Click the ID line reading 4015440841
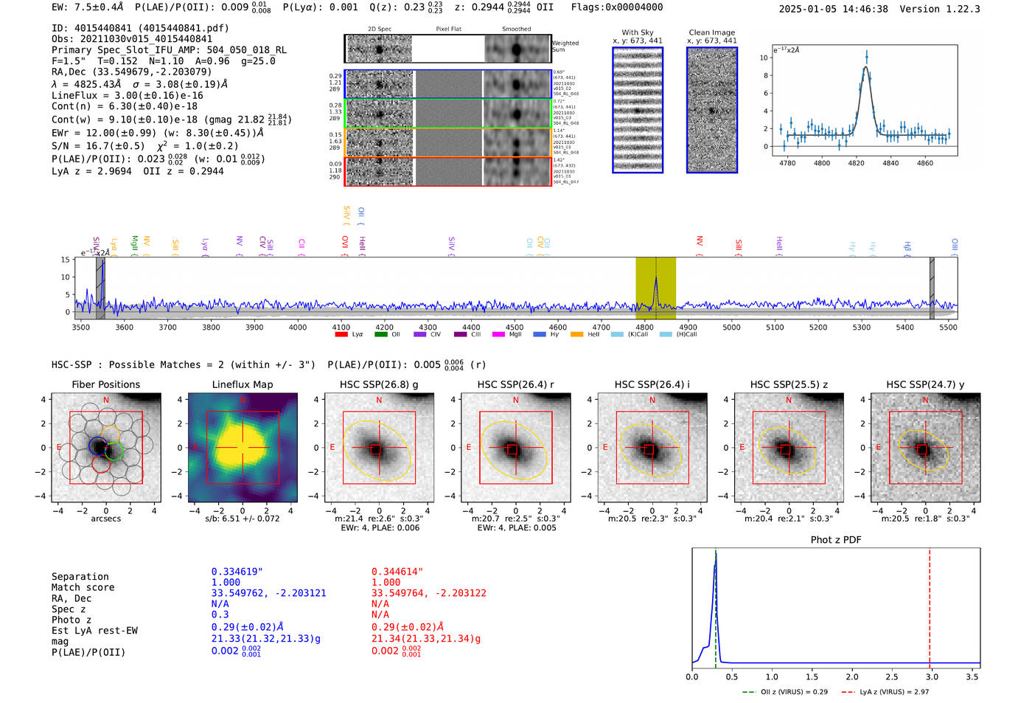[x=140, y=28]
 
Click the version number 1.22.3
[x=959, y=9]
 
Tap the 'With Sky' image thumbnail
[x=638, y=110]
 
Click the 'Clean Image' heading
[x=711, y=32]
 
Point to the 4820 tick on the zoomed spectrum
[x=856, y=163]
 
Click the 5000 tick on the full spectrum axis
[x=731, y=328]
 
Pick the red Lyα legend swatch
[x=341, y=334]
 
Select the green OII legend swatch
[x=380, y=334]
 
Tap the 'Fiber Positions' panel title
[x=105, y=384]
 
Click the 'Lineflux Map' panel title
[x=242, y=384]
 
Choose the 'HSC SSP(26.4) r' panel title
[x=515, y=384]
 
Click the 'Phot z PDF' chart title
[x=835, y=540]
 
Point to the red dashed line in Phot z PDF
[x=929, y=605]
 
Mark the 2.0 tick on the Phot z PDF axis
[x=851, y=676]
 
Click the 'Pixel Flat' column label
[x=448, y=30]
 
